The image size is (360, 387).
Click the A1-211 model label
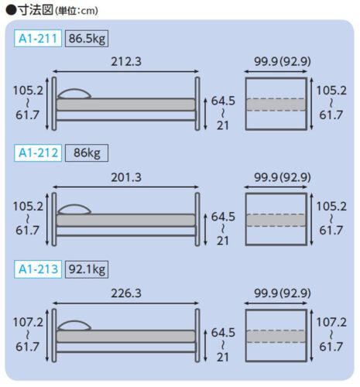click(38, 39)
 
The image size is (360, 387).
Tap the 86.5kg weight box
click(87, 39)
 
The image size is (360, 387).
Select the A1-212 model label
click(38, 153)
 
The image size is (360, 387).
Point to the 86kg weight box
click(87, 153)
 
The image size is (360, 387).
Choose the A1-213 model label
click(38, 269)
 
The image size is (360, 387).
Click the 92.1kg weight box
click(87, 269)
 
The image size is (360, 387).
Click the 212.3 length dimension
click(126, 62)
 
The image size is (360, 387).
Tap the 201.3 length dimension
click(126, 177)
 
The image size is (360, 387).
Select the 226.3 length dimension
click(126, 293)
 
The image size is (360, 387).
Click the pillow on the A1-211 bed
click(74, 94)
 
